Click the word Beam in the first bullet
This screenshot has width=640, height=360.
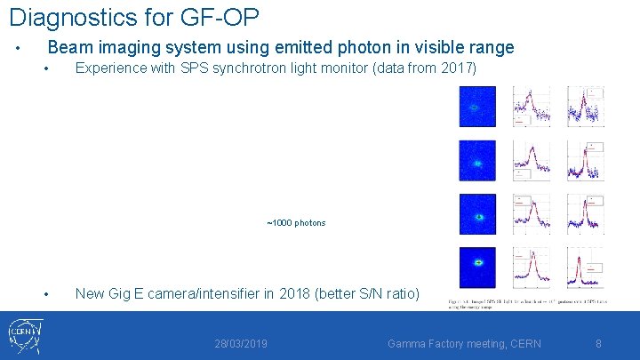click(x=68, y=48)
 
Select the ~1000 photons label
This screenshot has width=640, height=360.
click(x=296, y=222)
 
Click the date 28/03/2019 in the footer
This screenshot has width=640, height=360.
click(x=241, y=343)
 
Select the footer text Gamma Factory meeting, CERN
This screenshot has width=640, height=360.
click(x=464, y=343)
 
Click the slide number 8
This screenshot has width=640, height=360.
click(x=598, y=343)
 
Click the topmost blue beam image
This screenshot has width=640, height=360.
click(x=477, y=107)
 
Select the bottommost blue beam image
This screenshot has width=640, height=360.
click(x=477, y=266)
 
